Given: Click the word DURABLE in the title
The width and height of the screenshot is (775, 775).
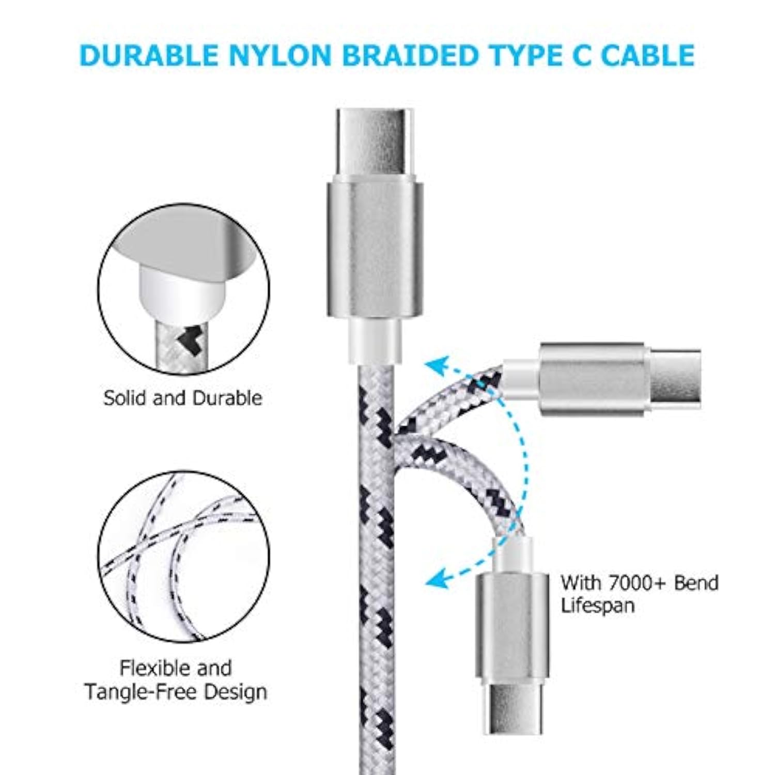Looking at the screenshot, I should (149, 56).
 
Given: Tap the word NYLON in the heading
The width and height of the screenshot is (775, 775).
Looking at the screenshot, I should (280, 56).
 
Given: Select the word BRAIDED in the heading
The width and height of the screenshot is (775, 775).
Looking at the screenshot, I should (410, 56).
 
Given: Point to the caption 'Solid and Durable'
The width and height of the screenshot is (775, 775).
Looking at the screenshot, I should (182, 398).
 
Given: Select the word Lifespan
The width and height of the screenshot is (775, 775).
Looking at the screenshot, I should (597, 606).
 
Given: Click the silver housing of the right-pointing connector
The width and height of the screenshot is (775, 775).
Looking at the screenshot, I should (592, 379).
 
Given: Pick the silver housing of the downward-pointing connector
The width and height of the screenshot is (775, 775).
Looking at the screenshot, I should (512, 625).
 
